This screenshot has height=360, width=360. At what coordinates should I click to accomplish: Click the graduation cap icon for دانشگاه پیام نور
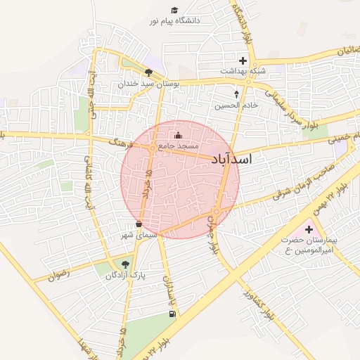coord(174,10)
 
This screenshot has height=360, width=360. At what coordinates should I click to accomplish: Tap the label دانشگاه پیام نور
coord(174,21)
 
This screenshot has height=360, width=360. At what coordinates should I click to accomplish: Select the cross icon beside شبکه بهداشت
coord(243,60)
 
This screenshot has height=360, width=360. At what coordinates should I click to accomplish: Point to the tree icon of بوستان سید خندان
coord(148,72)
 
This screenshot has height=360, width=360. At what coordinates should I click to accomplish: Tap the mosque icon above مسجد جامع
coord(178,135)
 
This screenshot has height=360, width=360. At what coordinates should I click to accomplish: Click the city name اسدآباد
coord(231,160)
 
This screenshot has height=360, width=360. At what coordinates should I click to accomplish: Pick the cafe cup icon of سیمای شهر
coord(139,224)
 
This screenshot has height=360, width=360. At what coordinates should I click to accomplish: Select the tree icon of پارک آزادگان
coord(125,264)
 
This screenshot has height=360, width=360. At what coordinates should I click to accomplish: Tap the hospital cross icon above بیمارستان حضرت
coord(309,229)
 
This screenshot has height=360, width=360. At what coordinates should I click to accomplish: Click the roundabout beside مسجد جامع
coord(152,148)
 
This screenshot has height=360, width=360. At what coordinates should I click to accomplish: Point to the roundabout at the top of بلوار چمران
coord(217,211)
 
